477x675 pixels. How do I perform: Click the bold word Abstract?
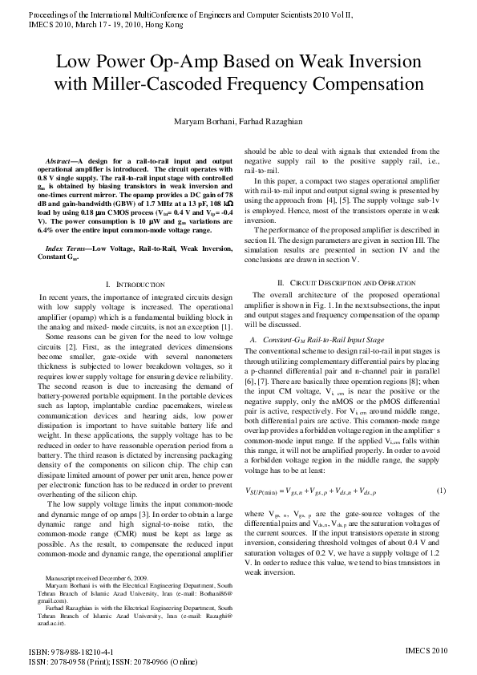[61, 161]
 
